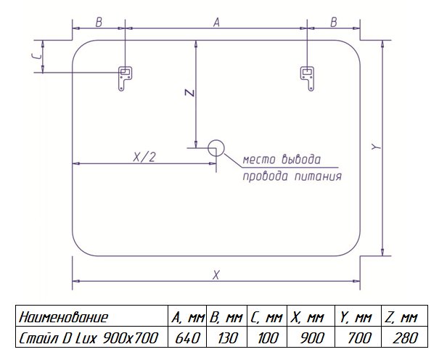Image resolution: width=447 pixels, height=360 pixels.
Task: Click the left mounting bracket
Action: click(x=125, y=77)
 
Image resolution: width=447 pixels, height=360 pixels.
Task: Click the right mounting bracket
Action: click(x=308, y=77)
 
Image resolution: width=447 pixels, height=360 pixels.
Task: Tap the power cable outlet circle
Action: click(x=215, y=149)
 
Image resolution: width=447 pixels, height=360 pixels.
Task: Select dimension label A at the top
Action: click(x=216, y=22)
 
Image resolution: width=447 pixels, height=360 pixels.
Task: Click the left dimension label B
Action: click(x=99, y=22)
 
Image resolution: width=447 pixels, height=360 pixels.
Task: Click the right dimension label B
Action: click(x=334, y=22)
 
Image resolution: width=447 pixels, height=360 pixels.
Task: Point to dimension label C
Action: click(x=36, y=57)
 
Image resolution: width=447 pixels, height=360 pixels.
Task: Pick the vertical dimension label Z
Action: click(x=187, y=93)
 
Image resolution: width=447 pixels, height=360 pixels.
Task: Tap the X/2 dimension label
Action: click(x=144, y=156)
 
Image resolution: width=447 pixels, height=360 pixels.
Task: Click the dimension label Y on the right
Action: click(x=374, y=147)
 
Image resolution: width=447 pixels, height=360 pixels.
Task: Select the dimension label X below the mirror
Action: click(x=216, y=274)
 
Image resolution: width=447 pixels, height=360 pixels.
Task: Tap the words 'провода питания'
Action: click(x=292, y=176)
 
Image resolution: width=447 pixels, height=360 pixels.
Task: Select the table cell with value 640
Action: click(x=188, y=338)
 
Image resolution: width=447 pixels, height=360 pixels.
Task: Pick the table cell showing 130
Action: click(x=227, y=338)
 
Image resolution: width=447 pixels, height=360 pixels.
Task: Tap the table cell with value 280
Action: click(x=403, y=338)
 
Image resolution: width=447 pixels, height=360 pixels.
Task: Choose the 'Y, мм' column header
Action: click(x=356, y=317)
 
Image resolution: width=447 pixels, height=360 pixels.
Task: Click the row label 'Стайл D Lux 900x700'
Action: click(x=90, y=338)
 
